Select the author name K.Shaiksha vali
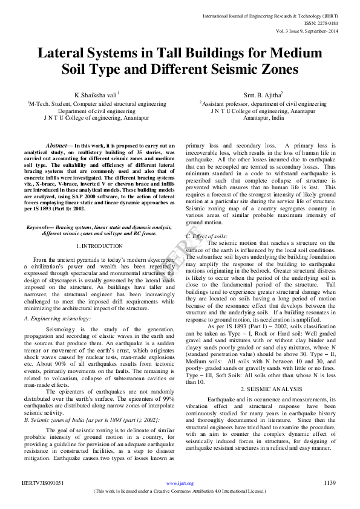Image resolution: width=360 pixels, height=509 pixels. click(96, 95)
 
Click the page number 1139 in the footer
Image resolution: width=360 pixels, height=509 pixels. click(330, 483)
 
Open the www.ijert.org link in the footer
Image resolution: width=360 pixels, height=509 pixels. click(180, 484)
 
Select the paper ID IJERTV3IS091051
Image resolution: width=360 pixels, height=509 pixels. click(42, 483)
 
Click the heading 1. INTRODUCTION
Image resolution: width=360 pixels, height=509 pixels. click(102, 246)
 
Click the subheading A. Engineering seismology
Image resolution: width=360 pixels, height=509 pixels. click(57, 318)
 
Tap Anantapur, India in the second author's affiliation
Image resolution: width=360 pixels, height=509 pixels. click(263, 118)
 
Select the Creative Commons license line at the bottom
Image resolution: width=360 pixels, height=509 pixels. click(180, 491)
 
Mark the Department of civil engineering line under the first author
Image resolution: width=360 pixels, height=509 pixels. click(96, 111)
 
